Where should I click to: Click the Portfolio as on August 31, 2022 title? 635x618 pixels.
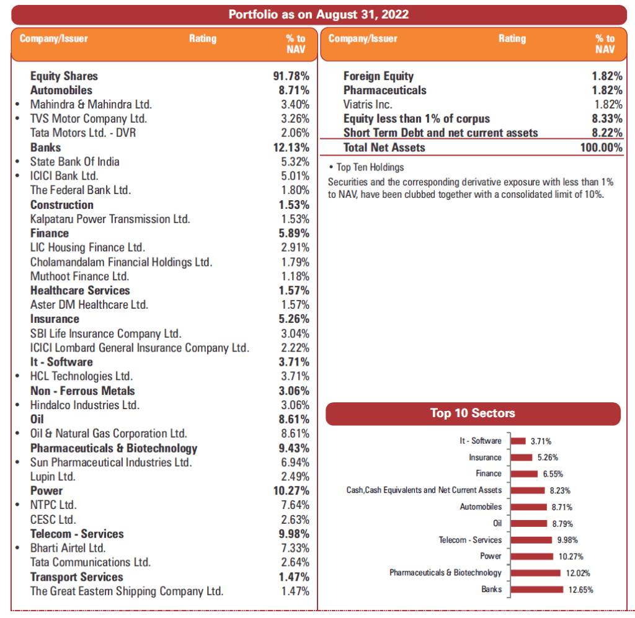coord(318,14)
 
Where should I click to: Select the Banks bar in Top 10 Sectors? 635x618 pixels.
coord(536,589)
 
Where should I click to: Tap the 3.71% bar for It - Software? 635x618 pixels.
coord(518,441)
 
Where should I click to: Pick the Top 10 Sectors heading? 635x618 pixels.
coord(473,413)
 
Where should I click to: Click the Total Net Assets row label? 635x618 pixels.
coord(384,148)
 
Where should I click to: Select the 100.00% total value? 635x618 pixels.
coord(600,148)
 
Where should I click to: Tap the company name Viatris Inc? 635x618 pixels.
coord(368,105)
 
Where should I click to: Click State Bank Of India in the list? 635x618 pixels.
coord(74,162)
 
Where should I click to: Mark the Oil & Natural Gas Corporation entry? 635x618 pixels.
coord(109,434)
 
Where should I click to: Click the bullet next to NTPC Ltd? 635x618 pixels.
coord(17,505)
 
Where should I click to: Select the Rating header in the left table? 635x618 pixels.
coord(203,38)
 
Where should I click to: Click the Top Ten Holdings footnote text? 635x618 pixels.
coord(370,167)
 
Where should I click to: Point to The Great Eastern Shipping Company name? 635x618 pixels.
coord(127,591)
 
